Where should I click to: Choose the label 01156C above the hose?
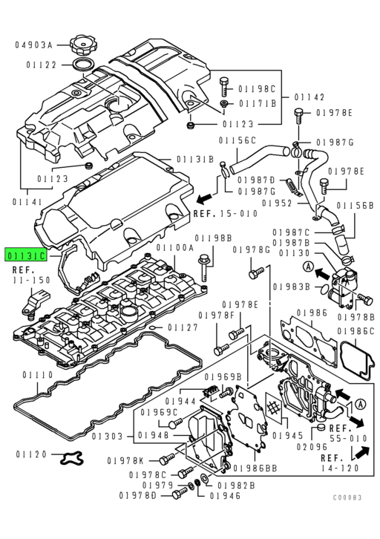[x=237, y=140]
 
